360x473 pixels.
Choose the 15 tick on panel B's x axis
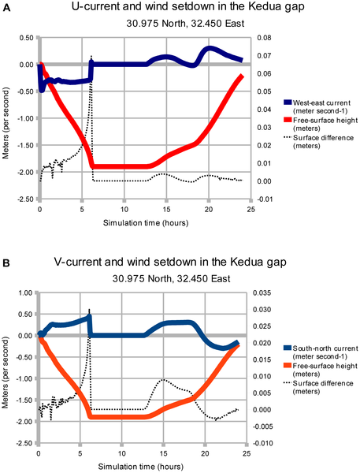point(164,455)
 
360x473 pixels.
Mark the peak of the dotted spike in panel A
point(91,57)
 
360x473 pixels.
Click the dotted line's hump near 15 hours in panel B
point(162,380)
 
